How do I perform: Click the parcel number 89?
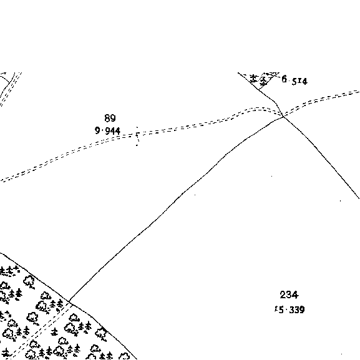click(110, 118)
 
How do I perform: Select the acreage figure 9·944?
click(108, 131)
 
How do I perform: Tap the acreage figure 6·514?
click(294, 80)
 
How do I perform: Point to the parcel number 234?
click(289, 294)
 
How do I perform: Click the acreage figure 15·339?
click(289, 309)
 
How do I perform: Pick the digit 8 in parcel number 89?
click(107, 118)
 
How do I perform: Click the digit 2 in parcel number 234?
click(283, 294)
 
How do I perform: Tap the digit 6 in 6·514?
click(285, 79)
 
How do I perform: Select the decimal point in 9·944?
click(102, 131)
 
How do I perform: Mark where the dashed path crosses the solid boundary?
click(283, 115)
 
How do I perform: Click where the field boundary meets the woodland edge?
click(69, 301)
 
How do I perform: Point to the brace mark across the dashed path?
click(137, 136)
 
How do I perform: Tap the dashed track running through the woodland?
click(39, 331)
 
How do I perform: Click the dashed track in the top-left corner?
click(11, 89)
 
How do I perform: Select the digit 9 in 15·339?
click(302, 310)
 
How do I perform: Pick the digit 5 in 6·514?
click(294, 81)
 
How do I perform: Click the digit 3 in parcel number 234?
click(289, 294)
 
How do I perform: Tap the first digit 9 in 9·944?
click(97, 130)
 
